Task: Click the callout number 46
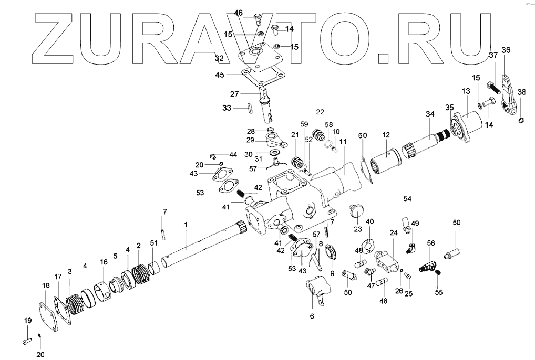238,13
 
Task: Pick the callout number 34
429,114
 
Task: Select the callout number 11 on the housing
343,142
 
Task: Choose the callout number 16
104,261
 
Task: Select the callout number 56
430,243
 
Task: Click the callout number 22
320,112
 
